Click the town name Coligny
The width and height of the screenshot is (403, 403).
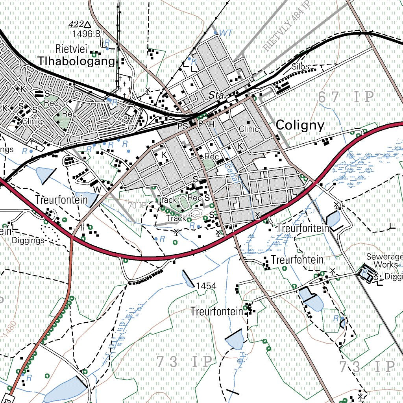(300, 125)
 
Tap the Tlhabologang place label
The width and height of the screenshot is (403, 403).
(77, 61)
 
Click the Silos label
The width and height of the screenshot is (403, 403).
(300, 67)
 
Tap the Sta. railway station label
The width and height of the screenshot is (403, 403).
(216, 95)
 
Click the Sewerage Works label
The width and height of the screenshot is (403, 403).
(384, 261)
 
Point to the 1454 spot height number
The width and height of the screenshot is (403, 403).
(206, 286)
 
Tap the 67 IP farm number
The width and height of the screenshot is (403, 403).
(345, 97)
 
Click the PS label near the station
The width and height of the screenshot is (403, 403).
(183, 126)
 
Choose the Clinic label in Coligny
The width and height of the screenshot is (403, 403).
(249, 129)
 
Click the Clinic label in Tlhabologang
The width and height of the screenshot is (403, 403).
(32, 121)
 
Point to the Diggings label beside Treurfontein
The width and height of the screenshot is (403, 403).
(28, 240)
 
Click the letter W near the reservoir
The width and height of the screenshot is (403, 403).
(96, 190)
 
